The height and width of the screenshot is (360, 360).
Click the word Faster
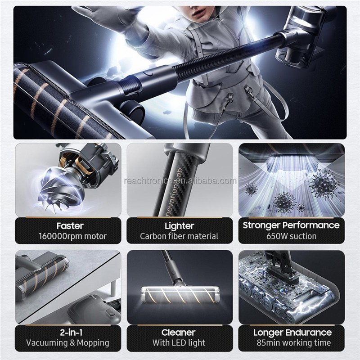(x=70, y=226)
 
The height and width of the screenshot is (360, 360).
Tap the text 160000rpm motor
(x=72, y=236)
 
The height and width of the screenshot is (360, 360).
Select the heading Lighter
(x=179, y=226)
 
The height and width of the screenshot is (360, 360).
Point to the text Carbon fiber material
(x=179, y=236)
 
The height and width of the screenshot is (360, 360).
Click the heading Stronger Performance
(x=291, y=225)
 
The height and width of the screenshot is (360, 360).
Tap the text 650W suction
(x=291, y=236)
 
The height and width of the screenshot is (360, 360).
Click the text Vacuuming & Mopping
(x=68, y=343)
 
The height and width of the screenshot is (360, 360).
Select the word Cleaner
(x=178, y=333)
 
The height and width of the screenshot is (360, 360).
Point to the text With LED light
(x=179, y=343)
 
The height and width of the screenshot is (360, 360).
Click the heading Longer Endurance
(x=292, y=333)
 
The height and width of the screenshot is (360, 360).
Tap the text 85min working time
(x=294, y=343)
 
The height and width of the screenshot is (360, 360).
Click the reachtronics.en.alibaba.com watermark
(x=180, y=181)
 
